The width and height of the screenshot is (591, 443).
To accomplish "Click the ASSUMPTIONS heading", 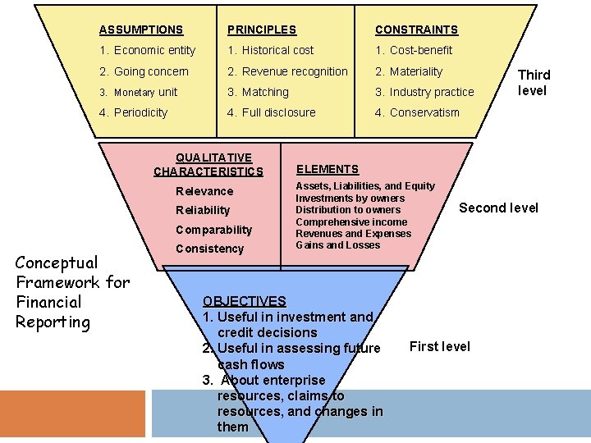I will point(141,30).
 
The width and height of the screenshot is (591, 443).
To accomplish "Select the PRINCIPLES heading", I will point(262,30).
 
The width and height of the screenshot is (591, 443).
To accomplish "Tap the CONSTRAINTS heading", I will point(416,30).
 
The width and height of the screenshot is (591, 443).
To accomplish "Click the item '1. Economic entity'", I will point(147,50).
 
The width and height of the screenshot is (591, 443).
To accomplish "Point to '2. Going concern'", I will point(144,71).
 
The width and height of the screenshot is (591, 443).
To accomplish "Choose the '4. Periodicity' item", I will point(133,112).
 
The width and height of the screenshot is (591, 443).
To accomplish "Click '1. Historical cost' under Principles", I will point(270,50).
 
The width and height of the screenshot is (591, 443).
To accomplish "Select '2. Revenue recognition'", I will point(287,71).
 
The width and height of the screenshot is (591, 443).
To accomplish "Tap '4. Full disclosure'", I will point(271,112).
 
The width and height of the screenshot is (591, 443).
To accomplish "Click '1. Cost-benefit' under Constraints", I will point(414,50).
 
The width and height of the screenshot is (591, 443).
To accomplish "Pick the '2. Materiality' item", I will point(409,71).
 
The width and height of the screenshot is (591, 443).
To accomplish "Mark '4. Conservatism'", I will point(417,112).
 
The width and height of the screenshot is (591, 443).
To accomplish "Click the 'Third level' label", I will point(534,83).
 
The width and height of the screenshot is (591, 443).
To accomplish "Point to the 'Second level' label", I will point(498,208).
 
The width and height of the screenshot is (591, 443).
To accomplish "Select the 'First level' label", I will point(439,346).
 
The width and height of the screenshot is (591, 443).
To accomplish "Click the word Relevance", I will point(204,191).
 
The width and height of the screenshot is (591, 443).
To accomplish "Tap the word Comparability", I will point(213,230).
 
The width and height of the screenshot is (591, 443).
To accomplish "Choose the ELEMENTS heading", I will point(328,169).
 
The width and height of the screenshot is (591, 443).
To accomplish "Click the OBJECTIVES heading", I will point(245,301).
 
